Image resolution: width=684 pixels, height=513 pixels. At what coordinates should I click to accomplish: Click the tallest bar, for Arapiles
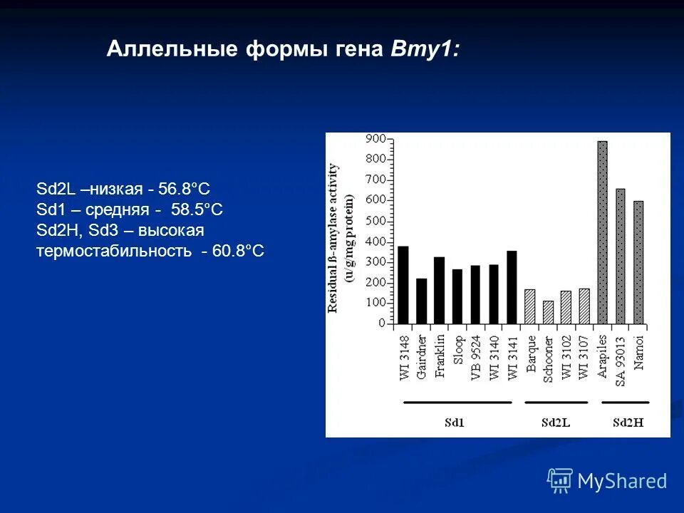tap(602, 232)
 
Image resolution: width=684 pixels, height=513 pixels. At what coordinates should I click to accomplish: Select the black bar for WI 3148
tap(403, 285)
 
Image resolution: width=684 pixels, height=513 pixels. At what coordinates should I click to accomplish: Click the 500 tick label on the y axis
tap(376, 221)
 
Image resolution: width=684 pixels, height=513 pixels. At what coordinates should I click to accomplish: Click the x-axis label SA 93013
tap(621, 361)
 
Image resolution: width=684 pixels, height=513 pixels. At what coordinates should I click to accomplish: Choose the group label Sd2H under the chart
tap(628, 422)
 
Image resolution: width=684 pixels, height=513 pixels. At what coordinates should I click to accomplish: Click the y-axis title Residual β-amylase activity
tap(333, 237)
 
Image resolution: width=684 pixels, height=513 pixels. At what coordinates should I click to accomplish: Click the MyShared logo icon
tap(560, 481)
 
